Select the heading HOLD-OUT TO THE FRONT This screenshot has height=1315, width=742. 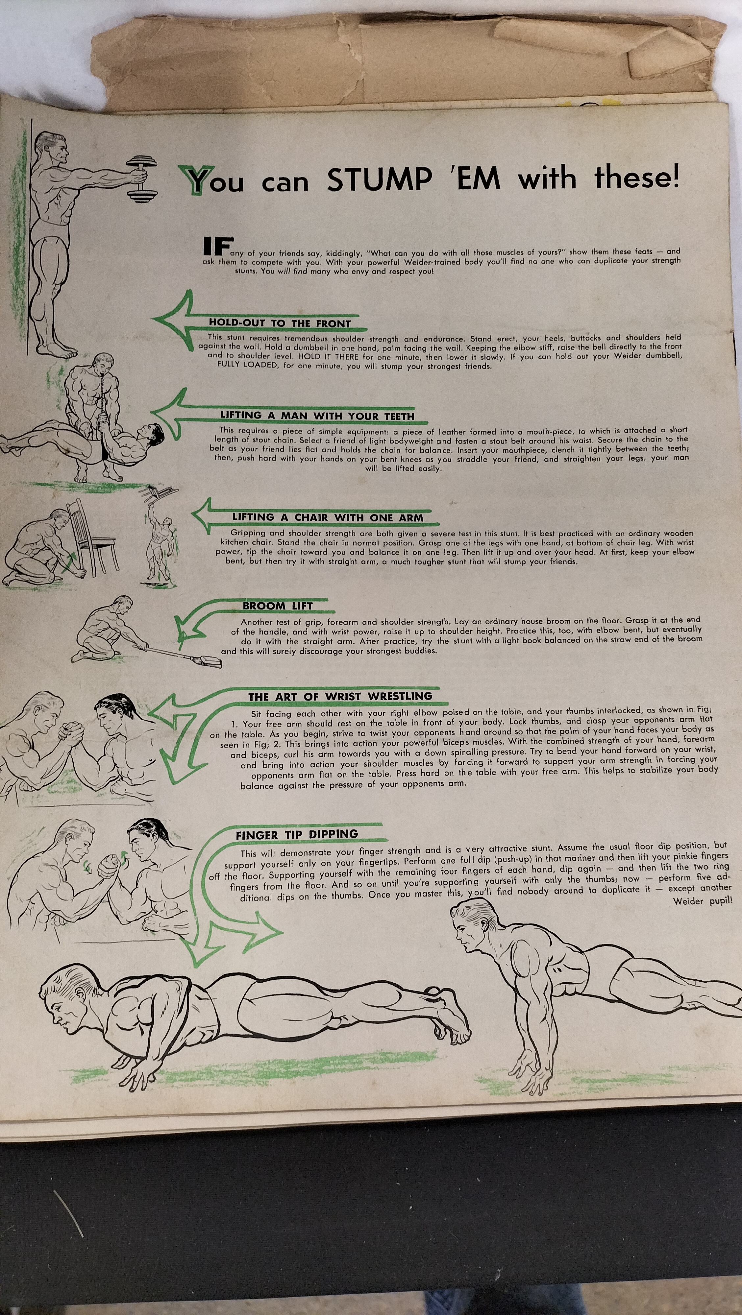pyautogui.click(x=280, y=323)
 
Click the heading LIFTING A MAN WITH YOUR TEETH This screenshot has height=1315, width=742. pyautogui.click(x=317, y=416)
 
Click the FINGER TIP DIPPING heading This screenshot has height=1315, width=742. pyautogui.click(x=297, y=835)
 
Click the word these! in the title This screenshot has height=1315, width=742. pyautogui.click(x=637, y=178)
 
